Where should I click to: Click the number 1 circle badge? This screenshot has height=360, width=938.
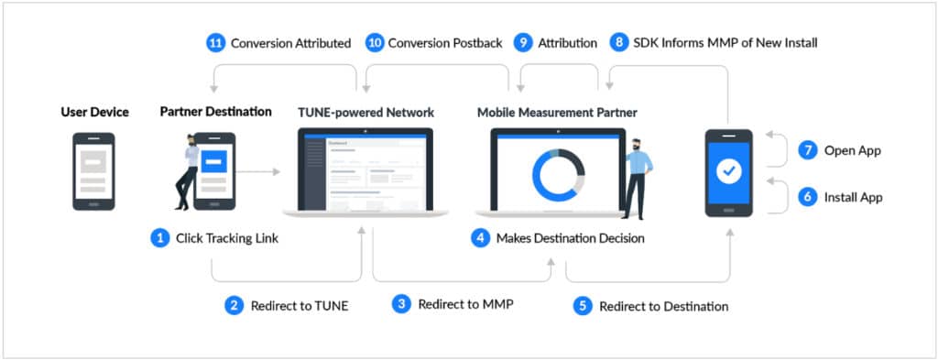160,238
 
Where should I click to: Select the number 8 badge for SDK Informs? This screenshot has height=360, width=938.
621,42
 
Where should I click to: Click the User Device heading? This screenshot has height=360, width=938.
95,112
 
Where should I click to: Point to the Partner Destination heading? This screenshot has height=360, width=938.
215,112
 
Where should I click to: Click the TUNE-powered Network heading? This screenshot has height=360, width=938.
365,113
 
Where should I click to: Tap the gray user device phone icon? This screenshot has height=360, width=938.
93,171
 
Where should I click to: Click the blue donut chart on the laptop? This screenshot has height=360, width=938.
558,173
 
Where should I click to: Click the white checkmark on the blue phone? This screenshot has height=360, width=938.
729,171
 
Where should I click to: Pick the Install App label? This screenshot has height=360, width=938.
854,196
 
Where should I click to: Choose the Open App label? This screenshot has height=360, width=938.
852,151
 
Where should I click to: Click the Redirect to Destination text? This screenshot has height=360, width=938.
663,306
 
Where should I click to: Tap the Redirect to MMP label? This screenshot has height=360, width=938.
465,304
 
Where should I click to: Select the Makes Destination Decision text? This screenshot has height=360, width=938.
570,238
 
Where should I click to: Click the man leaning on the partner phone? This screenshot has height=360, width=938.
188,171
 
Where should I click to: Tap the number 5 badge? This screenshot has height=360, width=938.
583,306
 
